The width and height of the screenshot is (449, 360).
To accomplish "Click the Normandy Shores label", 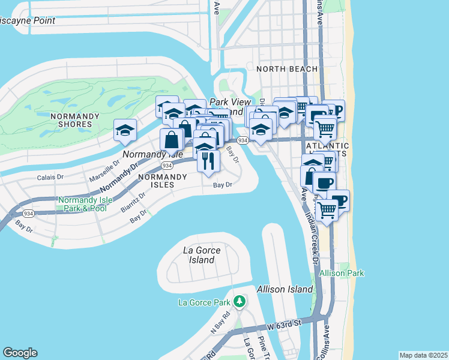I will coord(71,120).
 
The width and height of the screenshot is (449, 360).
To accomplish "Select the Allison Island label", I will coord(285,289).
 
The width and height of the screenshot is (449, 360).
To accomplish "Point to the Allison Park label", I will coord(342,273).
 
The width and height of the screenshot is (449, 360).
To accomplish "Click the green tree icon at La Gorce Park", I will coord(240,300).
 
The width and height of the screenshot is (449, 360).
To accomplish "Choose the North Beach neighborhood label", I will coord(287,69).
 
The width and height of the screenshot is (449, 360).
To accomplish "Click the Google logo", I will coord(20,353).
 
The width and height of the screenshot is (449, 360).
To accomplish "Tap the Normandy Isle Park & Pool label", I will coord(82,203).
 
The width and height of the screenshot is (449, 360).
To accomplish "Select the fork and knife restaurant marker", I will coord(208,161).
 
